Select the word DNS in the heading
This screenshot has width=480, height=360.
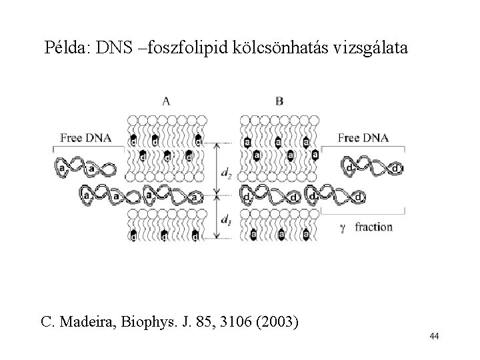pos(112,49)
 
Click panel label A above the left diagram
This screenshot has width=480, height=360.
pos(165,101)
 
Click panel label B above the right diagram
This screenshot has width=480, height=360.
pos(279,101)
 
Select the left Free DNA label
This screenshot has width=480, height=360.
pos(85,138)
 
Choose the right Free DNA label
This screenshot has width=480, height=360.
pos(363,138)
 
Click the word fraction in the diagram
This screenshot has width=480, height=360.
pos(374,227)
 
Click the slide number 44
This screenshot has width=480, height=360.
pos(434,337)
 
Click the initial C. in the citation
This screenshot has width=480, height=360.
pos(48,323)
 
